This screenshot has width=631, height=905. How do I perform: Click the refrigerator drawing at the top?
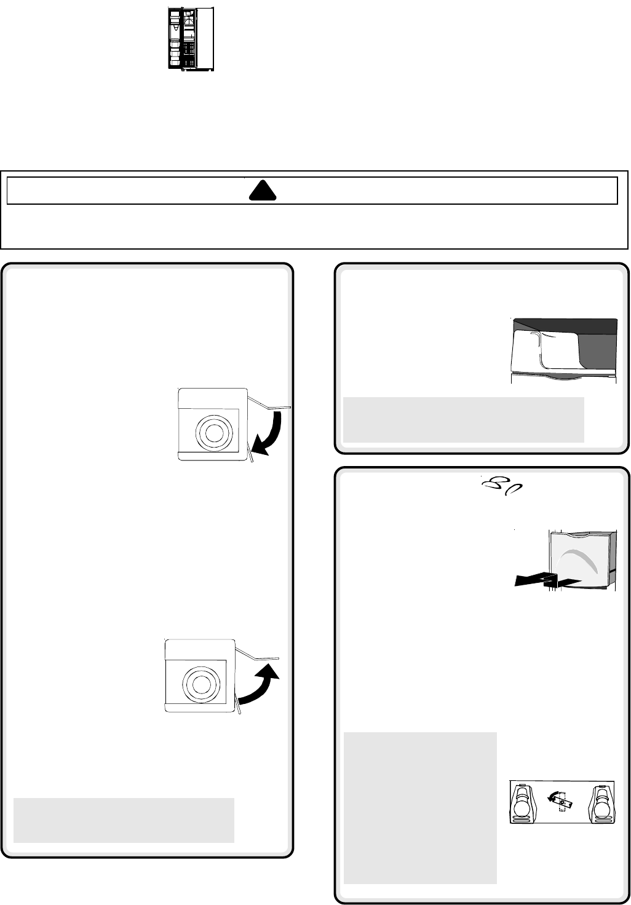(191, 39)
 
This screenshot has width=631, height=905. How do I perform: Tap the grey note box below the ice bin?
(463, 419)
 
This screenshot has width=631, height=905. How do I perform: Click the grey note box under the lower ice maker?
(124, 820)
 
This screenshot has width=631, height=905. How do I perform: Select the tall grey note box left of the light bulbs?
(420, 807)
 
